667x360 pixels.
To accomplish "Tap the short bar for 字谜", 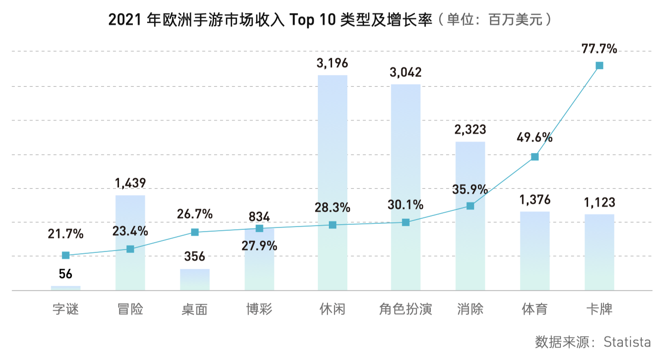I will pyautogui.click(x=66, y=288).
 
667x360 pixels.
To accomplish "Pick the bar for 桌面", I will pyautogui.click(x=195, y=280).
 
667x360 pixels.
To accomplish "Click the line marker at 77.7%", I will pyautogui.click(x=599, y=66).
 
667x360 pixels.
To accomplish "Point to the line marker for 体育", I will pyautogui.click(x=535, y=157).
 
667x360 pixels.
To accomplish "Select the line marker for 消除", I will pyautogui.click(x=470, y=206).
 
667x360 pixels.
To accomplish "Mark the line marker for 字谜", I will pyautogui.click(x=66, y=255).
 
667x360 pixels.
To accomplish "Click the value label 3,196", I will pyautogui.click(x=332, y=63).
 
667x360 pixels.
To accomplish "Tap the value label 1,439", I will pyautogui.click(x=130, y=183).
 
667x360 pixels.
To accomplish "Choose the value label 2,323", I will pyautogui.click(x=470, y=130).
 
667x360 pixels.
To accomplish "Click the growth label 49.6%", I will pyautogui.click(x=535, y=137).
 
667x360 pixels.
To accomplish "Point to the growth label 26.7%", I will pyautogui.click(x=195, y=214).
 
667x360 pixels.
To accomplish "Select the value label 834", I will pyautogui.click(x=259, y=216).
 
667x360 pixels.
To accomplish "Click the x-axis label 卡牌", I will pyautogui.click(x=599, y=309).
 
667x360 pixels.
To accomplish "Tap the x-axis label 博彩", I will pyautogui.click(x=259, y=309).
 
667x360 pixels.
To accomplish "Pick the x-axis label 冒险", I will pyautogui.click(x=130, y=309).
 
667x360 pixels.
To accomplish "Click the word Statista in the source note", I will pyautogui.click(x=627, y=342).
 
